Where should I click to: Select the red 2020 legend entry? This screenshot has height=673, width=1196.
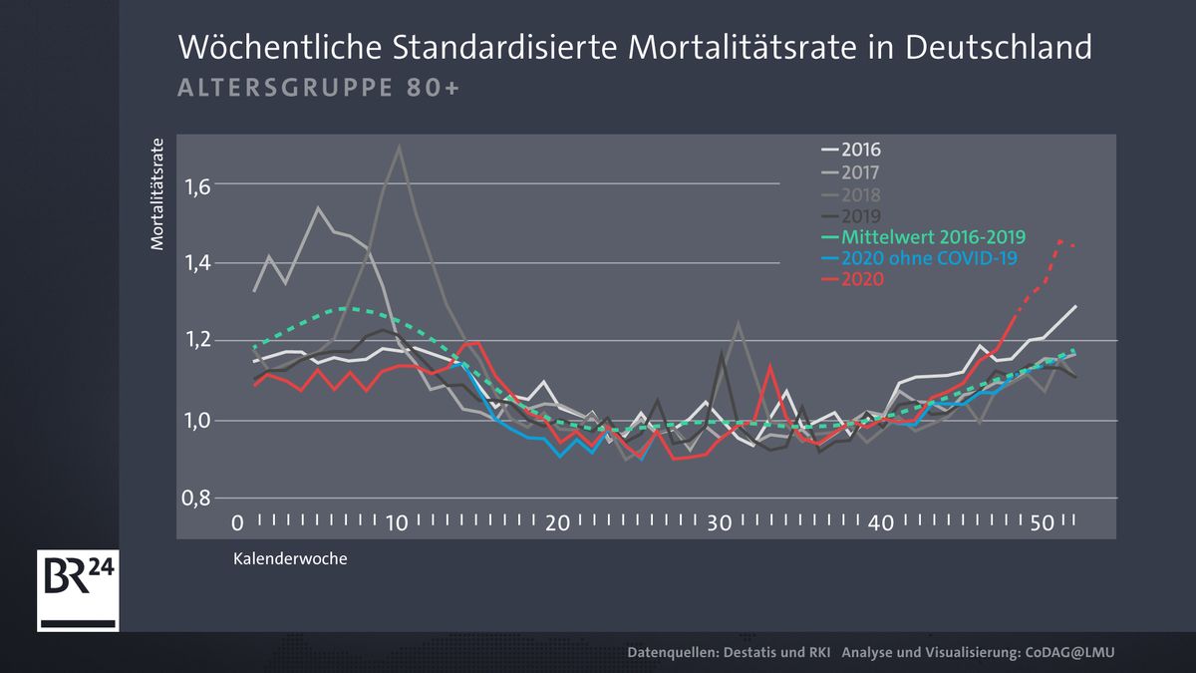(862, 280)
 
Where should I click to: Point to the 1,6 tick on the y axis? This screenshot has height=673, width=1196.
(197, 185)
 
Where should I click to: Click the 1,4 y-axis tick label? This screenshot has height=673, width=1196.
(197, 263)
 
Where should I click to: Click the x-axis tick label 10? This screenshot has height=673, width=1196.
(397, 522)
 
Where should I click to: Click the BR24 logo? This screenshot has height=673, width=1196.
(78, 588)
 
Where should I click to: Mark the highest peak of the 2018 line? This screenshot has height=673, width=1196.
(399, 147)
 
